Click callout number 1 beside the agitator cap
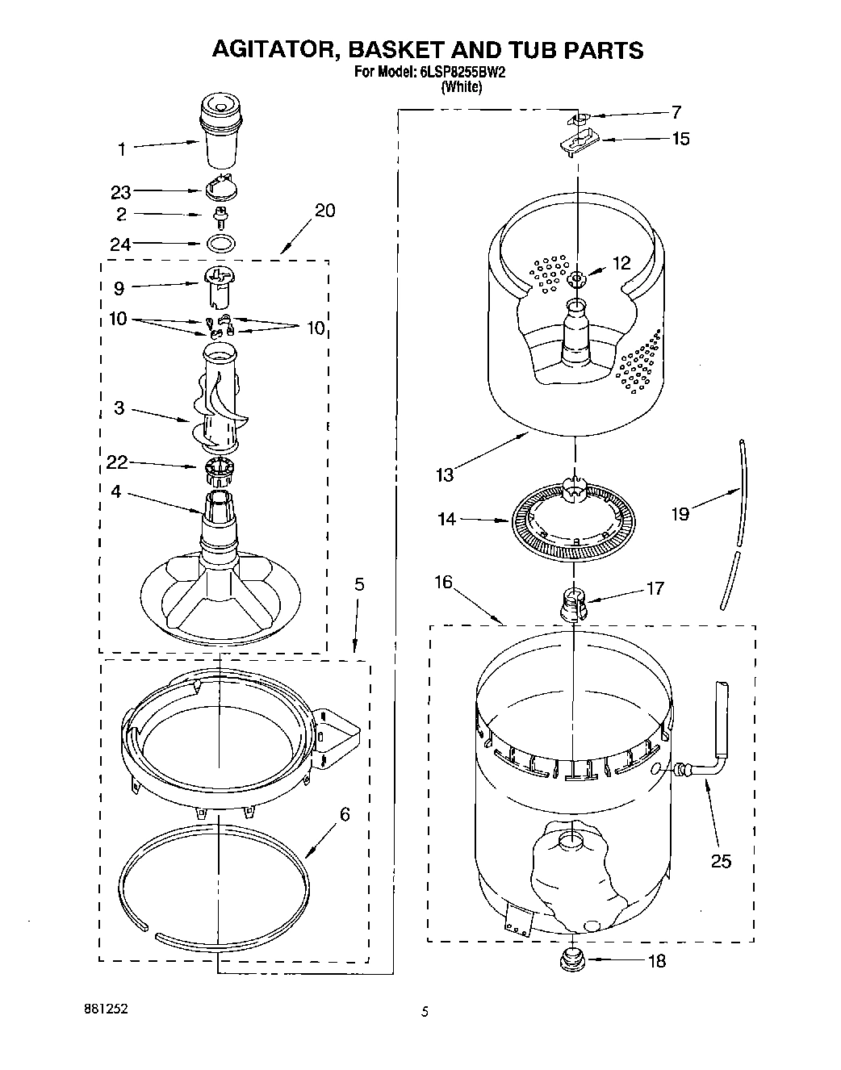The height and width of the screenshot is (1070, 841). coord(122,148)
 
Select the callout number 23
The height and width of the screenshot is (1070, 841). coord(120,193)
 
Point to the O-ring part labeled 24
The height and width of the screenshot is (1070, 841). coord(220,243)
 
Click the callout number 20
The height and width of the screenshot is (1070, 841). coord(324,211)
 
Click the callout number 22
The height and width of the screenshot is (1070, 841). coord(117,462)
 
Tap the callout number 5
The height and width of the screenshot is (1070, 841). coord(359,583)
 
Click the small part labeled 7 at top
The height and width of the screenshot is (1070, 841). coord(579,119)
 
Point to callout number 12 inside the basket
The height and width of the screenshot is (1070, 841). coord(621,262)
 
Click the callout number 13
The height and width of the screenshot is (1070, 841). coord(446,474)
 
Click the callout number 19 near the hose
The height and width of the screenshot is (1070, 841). coord(680,513)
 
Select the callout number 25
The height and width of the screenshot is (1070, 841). coord(721,862)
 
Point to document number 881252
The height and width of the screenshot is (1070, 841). coord(106,1009)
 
